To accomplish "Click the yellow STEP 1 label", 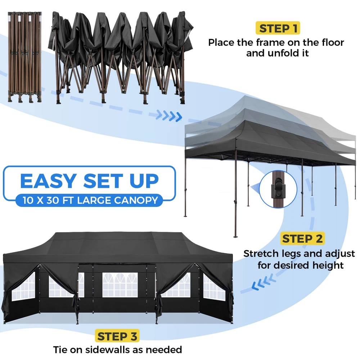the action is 278,28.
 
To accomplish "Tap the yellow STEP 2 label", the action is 302,239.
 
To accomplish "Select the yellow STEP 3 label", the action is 117,336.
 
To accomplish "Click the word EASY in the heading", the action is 49,181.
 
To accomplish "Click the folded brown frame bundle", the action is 25,57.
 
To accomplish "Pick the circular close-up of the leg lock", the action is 278,189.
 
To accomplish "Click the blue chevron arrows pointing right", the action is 169,116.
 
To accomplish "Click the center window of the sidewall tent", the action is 120,285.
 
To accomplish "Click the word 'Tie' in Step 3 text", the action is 60,350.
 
